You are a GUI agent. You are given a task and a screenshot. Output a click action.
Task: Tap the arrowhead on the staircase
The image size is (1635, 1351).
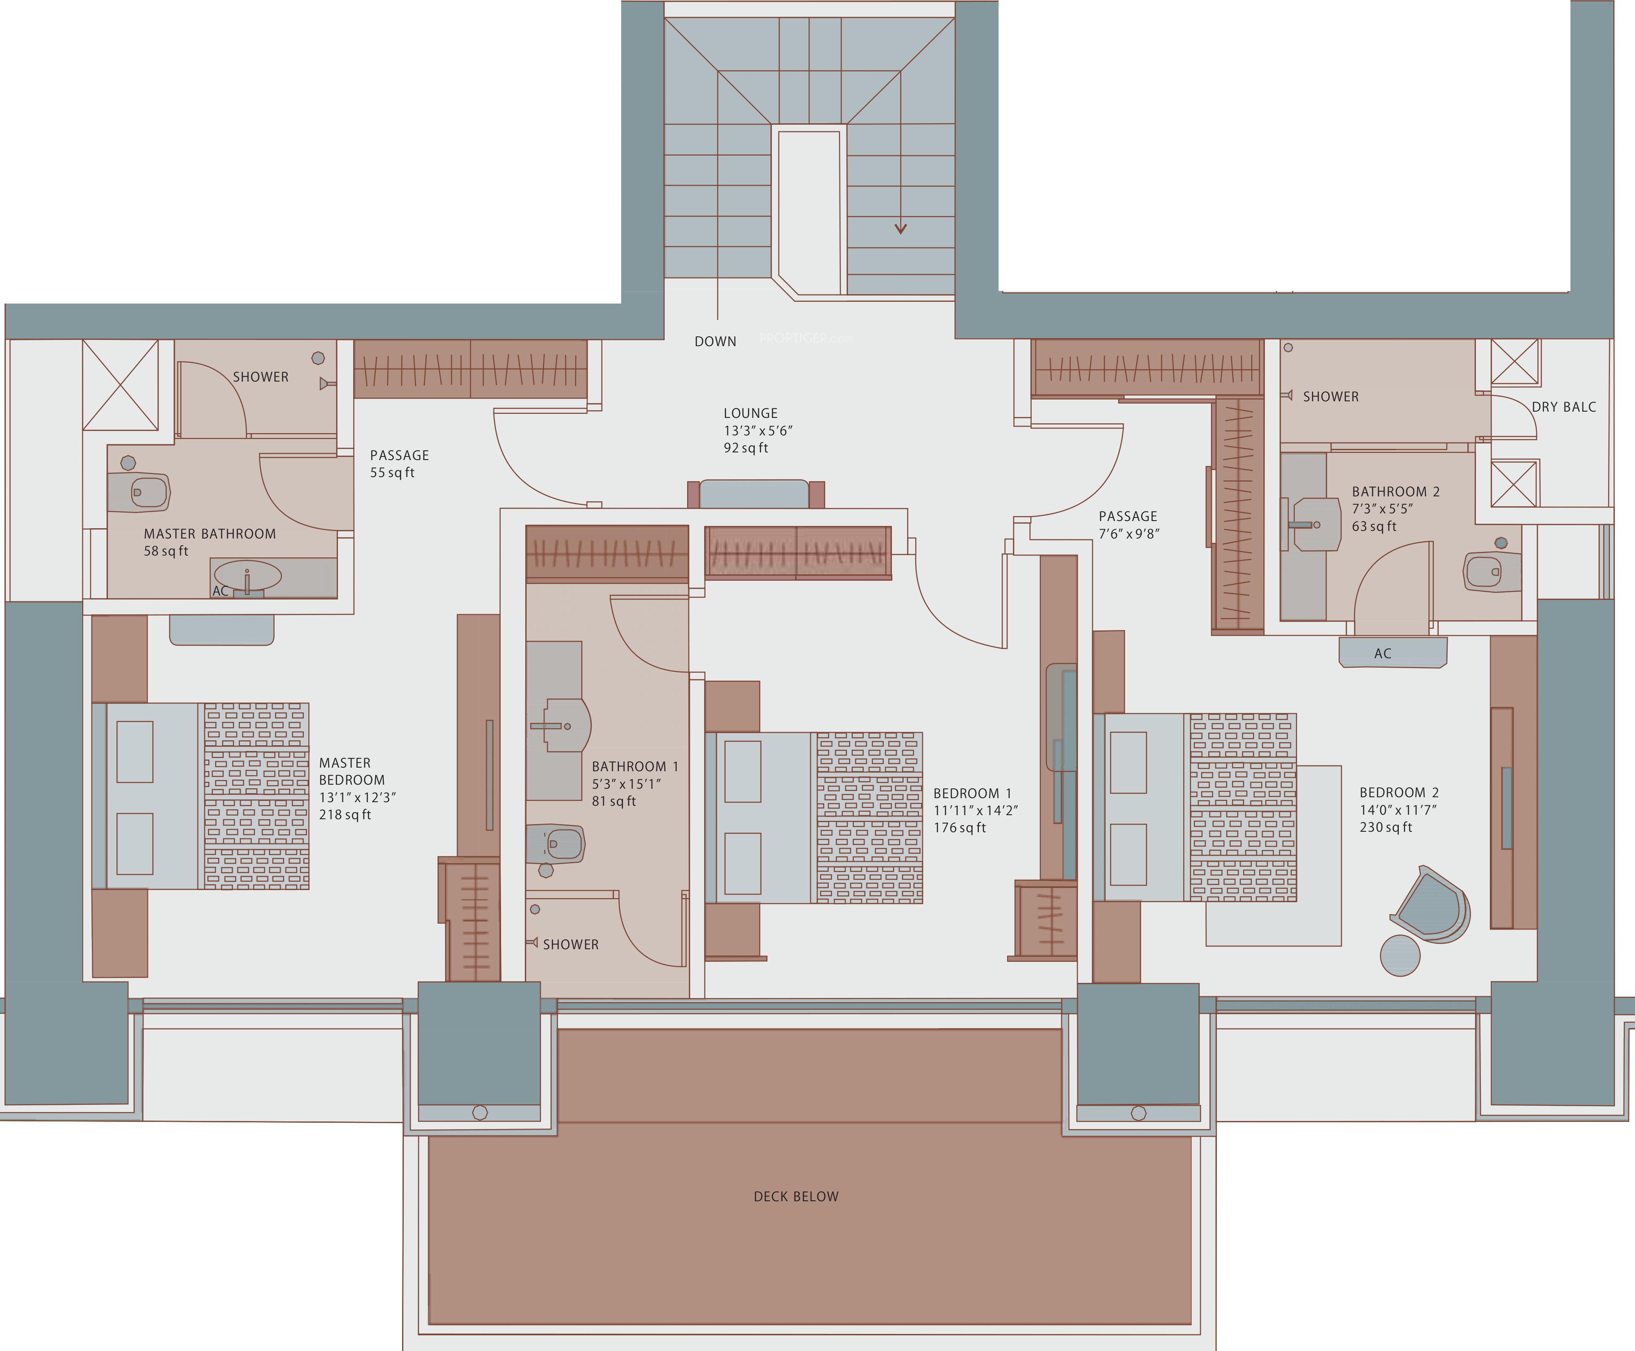click(901, 228)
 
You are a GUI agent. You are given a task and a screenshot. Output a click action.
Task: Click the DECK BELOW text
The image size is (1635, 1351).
click(796, 1197)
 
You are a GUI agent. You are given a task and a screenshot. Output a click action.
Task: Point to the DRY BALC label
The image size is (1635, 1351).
click(1563, 407)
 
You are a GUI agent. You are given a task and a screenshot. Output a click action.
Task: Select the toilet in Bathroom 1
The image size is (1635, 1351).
click(554, 843)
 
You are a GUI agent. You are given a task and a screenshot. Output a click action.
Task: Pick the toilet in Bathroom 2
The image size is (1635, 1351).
click(1492, 572)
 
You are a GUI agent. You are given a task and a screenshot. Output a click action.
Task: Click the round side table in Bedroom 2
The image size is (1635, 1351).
click(1400, 956)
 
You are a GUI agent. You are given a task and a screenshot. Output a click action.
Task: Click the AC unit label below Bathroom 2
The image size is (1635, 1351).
click(1382, 654)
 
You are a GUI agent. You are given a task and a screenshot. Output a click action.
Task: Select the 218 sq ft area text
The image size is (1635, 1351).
click(345, 815)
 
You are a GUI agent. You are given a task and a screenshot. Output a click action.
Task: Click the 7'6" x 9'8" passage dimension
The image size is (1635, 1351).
click(1129, 534)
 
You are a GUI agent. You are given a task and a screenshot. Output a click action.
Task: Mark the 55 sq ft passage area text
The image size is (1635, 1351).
click(392, 473)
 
